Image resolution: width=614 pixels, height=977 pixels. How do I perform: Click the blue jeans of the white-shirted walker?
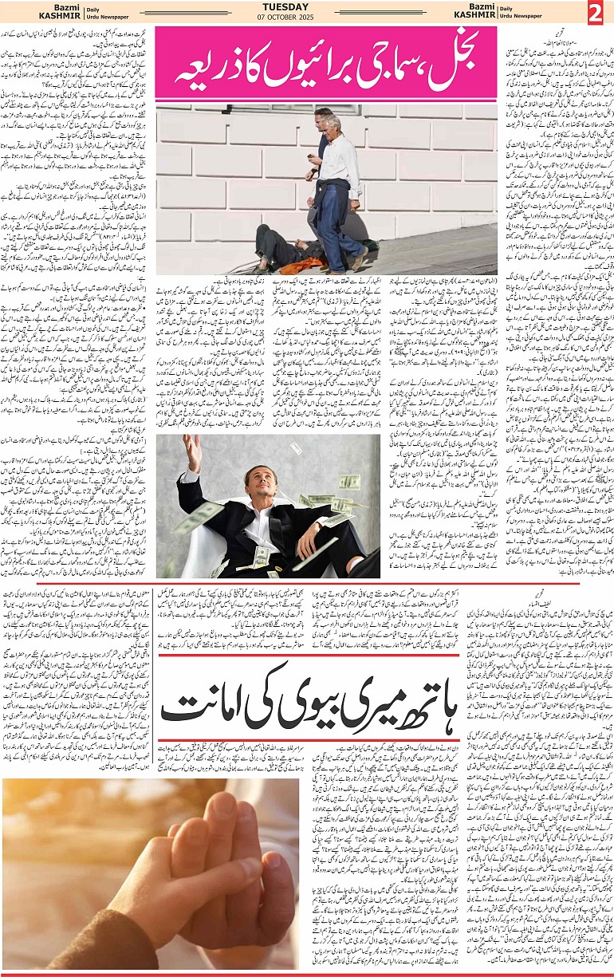(x=339, y=227)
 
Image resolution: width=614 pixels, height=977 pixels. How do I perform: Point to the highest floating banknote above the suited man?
(x=295, y=448)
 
